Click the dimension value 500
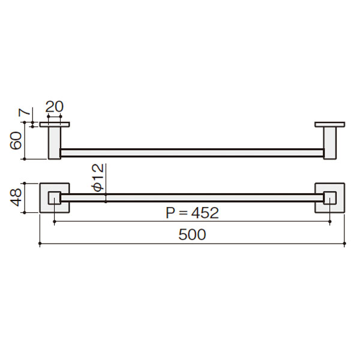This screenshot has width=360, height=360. click(192, 235)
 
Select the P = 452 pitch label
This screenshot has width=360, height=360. click(192, 213)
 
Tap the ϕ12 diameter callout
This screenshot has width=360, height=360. click(98, 178)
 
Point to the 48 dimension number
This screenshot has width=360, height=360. click(16, 197)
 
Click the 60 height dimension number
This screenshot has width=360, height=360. click(16, 140)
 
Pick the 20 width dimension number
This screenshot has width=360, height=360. click(55, 106)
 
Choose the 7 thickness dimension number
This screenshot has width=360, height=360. click(25, 112)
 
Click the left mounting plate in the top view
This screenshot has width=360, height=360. click(55, 124)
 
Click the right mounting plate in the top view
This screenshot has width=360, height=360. click(329, 124)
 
